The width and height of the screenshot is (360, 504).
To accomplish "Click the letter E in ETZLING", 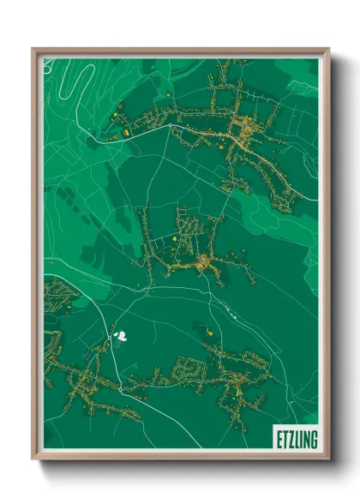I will point(279,440).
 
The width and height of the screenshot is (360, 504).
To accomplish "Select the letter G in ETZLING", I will point(314,440).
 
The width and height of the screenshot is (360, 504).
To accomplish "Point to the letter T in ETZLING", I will point(284,440).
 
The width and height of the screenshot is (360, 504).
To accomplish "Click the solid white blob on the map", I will point(125,336).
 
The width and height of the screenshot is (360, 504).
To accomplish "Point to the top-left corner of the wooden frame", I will point(33,50).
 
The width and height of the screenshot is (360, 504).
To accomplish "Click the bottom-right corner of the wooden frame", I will point(328,459).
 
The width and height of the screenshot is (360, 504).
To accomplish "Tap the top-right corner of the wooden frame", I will point(328,50).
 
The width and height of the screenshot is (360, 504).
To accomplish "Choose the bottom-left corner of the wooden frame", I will point(33,459).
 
